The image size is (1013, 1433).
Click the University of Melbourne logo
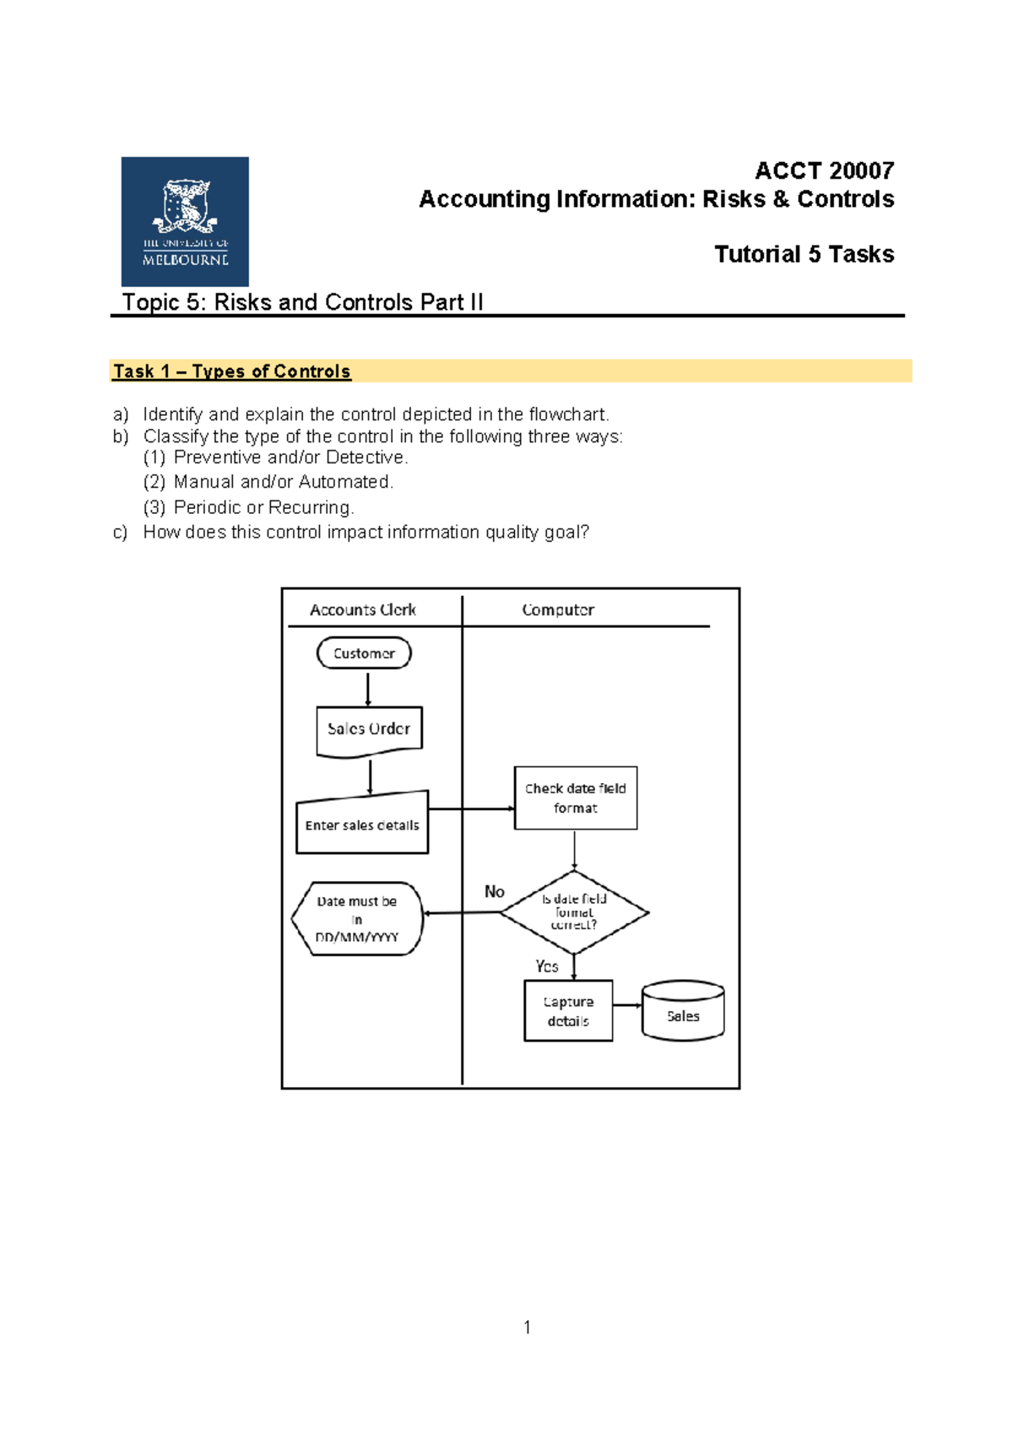185,221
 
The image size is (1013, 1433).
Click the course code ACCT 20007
824,170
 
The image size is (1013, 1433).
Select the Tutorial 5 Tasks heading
804,254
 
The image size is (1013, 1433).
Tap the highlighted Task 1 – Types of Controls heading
231,371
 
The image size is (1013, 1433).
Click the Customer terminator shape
364,653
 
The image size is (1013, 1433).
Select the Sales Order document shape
369,732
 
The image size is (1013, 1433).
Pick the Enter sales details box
362,822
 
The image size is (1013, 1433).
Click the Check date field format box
575,798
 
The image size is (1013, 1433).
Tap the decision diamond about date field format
575,912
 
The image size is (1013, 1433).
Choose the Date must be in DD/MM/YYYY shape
357,919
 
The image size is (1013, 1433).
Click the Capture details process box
568,1011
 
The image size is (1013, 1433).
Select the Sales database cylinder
683,1010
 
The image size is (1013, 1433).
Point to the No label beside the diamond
494,891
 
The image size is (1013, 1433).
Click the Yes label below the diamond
546,966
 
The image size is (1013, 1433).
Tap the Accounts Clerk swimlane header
363,609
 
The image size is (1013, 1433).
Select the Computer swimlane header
558,609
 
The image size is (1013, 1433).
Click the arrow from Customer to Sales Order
368,688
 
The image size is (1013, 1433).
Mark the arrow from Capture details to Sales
627,1006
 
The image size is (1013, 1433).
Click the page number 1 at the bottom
527,1327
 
